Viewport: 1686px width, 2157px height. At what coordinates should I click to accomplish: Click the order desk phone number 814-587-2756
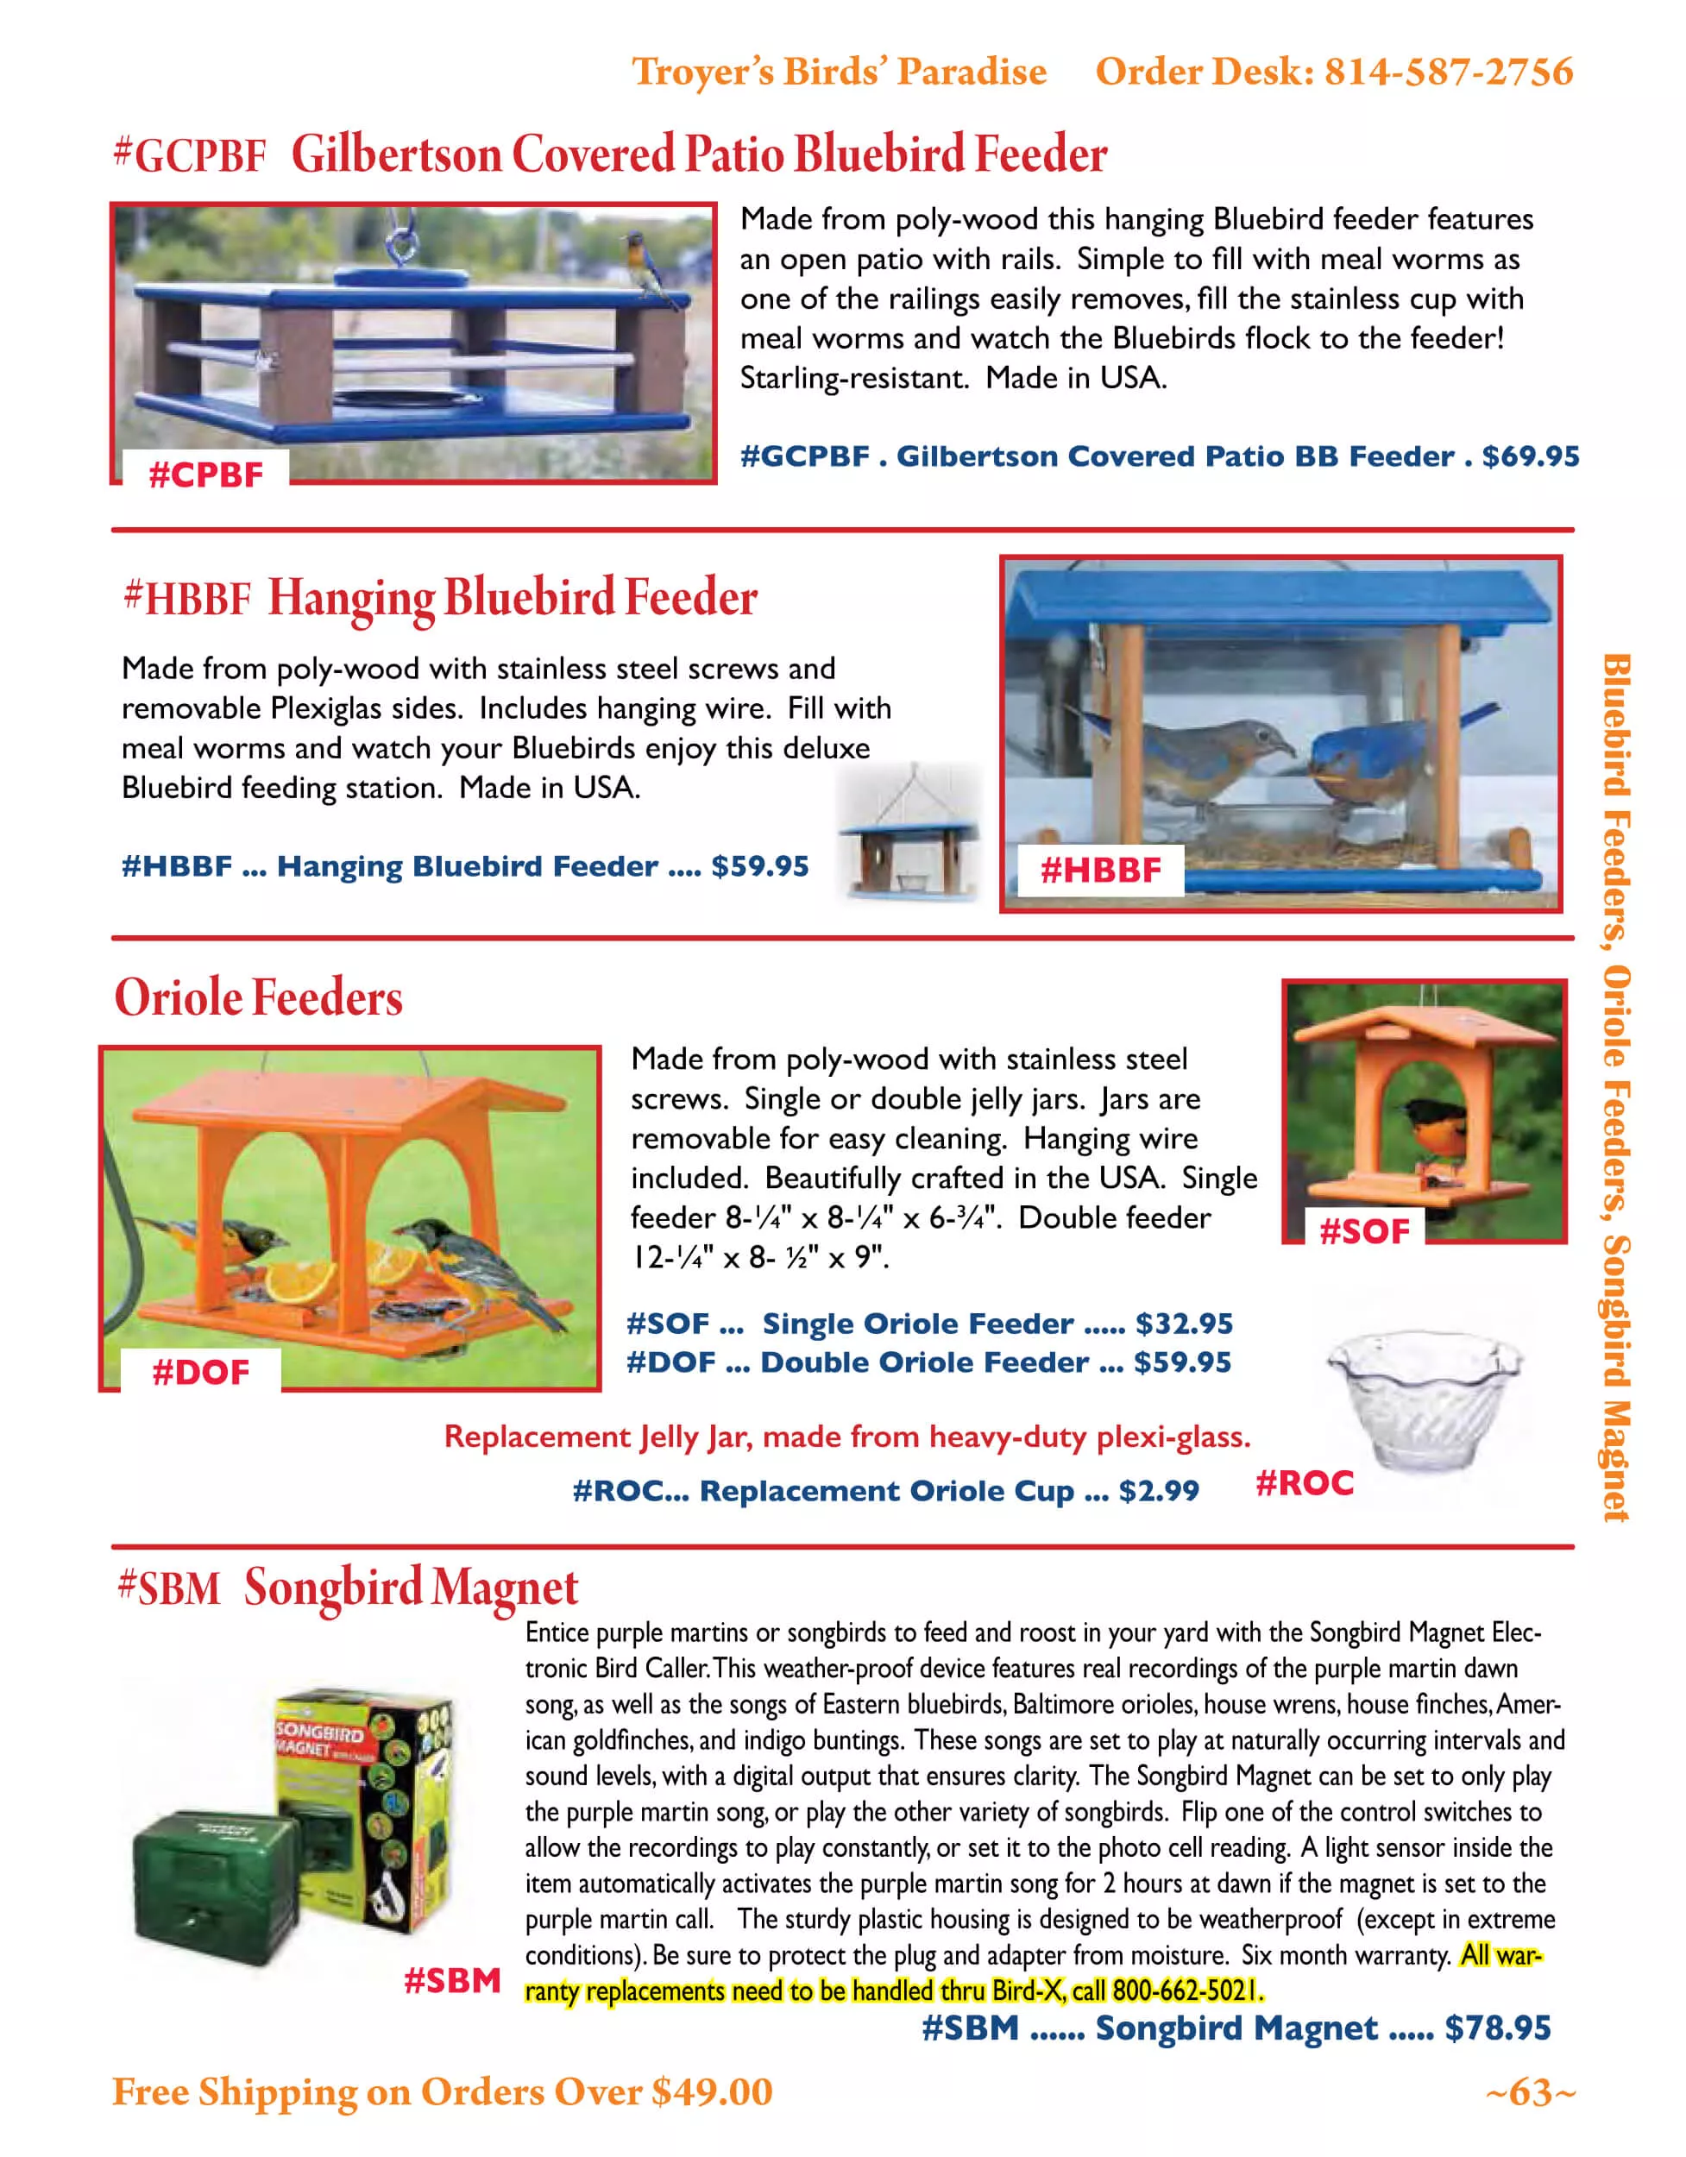tap(1447, 72)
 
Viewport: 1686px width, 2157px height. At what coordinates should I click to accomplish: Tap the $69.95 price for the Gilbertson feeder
tap(1530, 456)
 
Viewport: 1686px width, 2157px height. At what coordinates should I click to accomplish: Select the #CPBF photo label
tap(205, 475)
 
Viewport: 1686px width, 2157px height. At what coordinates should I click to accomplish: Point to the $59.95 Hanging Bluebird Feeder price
tap(759, 866)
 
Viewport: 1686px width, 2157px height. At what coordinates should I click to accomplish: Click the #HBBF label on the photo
tap(1100, 870)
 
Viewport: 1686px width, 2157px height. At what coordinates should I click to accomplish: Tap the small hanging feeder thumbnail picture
tap(909, 835)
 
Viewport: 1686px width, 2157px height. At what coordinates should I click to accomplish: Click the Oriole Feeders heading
tap(259, 997)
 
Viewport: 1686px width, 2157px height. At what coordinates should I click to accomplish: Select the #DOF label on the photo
tap(200, 1372)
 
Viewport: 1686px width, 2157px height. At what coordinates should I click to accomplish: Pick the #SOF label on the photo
tap(1364, 1231)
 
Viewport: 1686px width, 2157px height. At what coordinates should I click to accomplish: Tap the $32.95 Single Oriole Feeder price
tap(1183, 1324)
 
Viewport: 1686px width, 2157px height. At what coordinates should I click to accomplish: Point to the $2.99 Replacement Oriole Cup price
tap(1159, 1490)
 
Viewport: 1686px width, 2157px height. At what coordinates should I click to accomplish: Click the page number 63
tap(1530, 2091)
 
